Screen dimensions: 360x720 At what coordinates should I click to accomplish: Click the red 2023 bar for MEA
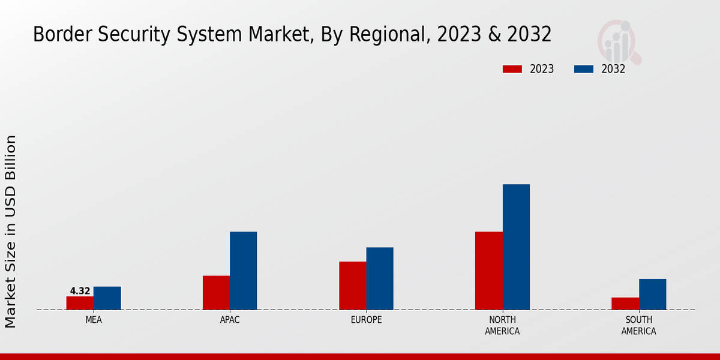coord(80,303)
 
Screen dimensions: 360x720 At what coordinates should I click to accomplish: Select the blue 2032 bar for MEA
coord(107,298)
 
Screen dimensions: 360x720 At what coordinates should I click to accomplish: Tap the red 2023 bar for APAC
coord(216,293)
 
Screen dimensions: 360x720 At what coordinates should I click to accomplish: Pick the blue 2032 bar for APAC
coord(243,271)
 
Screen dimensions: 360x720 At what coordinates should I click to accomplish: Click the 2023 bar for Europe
coord(352,286)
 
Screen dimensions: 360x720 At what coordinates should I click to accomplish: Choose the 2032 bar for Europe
coord(380,278)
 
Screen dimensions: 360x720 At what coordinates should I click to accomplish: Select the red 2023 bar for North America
coord(488,271)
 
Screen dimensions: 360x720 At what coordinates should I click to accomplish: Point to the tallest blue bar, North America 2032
coord(516,247)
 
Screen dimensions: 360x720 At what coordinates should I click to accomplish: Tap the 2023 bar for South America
coord(625,304)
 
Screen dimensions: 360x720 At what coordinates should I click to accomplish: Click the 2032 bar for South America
coord(652,294)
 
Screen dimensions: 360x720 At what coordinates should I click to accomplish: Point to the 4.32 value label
coord(80,291)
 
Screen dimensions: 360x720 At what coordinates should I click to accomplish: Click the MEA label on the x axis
coord(94,320)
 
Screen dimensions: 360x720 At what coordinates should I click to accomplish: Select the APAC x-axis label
coord(230,320)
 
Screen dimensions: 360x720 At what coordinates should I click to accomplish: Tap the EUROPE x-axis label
coord(366,320)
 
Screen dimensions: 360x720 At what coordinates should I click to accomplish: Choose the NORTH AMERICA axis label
coord(502,325)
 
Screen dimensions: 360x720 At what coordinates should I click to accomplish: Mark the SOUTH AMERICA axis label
coord(638,325)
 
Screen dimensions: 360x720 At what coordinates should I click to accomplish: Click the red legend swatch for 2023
coord(512,69)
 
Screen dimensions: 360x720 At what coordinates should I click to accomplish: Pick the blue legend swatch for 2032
coord(584,69)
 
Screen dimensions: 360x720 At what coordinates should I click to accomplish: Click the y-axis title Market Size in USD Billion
coord(11,232)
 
